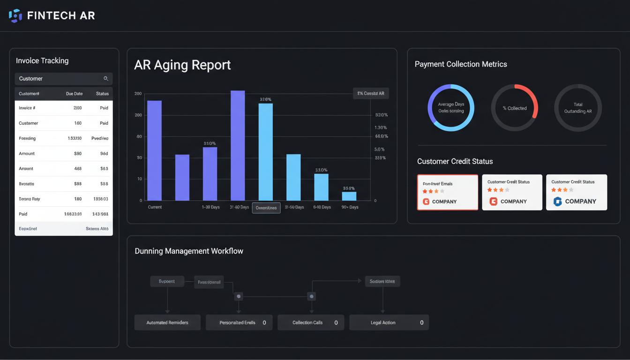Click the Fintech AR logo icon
click(x=15, y=15)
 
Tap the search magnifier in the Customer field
click(x=106, y=79)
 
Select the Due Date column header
click(x=74, y=94)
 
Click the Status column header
click(x=102, y=94)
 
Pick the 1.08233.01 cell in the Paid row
click(x=73, y=214)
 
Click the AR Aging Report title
click(x=182, y=65)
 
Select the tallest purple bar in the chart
click(x=238, y=145)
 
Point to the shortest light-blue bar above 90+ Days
click(x=349, y=196)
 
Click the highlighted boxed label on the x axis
click(x=266, y=208)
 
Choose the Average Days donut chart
click(x=451, y=108)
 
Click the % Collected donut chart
click(x=514, y=108)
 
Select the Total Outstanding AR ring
click(x=578, y=108)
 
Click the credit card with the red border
click(x=448, y=192)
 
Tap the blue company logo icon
click(x=557, y=202)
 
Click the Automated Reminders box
click(x=167, y=322)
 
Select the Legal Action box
click(x=389, y=322)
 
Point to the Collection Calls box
click(x=311, y=322)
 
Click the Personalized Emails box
click(x=239, y=322)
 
